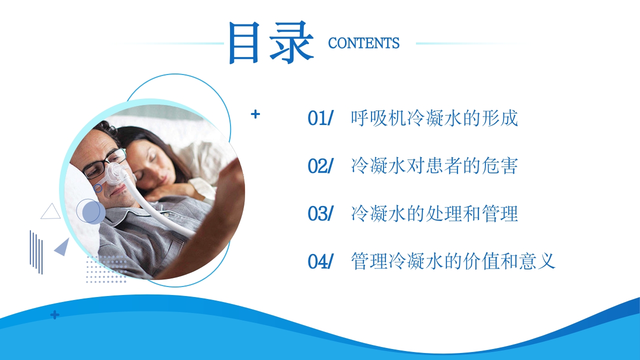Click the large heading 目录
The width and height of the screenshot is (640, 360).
click(270, 42)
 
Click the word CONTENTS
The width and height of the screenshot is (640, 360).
click(363, 43)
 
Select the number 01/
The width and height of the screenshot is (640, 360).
click(320, 118)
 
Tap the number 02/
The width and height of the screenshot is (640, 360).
click(320, 166)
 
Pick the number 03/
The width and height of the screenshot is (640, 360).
click(320, 213)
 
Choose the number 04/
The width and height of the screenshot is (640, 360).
click(320, 261)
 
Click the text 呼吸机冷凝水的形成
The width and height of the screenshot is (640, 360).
click(434, 118)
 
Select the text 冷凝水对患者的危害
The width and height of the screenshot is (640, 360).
click(434, 166)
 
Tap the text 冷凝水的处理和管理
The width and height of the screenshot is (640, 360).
click(434, 213)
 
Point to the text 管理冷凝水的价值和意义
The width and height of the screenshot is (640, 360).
click(453, 261)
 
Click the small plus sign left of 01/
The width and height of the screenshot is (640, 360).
click(255, 114)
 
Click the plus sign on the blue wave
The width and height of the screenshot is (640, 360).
click(54, 315)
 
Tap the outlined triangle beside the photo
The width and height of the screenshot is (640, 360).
click(50, 211)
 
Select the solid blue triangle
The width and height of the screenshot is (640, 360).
click(62, 247)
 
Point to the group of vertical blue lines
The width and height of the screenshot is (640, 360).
click(36, 251)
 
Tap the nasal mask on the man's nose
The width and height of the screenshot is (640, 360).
click(116, 174)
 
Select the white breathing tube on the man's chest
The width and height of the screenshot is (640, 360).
click(165, 215)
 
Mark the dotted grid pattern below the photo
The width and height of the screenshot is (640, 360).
click(105, 270)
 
